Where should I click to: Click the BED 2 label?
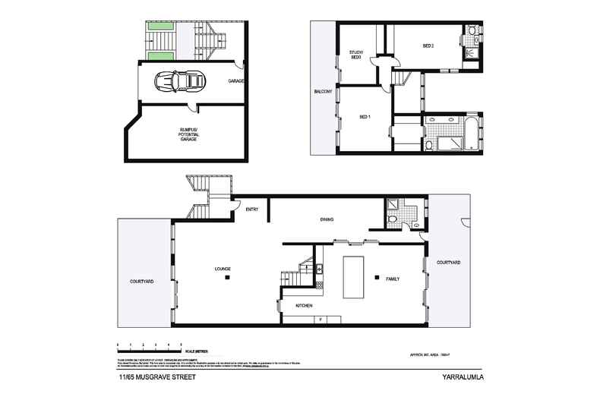click(x=428, y=46)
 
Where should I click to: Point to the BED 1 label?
click(x=365, y=117)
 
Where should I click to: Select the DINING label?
click(x=327, y=219)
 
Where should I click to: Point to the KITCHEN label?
click(x=305, y=305)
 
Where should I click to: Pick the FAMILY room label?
click(x=393, y=279)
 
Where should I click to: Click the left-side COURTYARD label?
click(x=142, y=282)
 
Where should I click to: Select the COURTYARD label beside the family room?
click(x=448, y=263)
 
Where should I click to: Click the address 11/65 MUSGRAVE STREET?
click(x=156, y=376)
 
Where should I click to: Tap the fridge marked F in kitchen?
click(x=321, y=320)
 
